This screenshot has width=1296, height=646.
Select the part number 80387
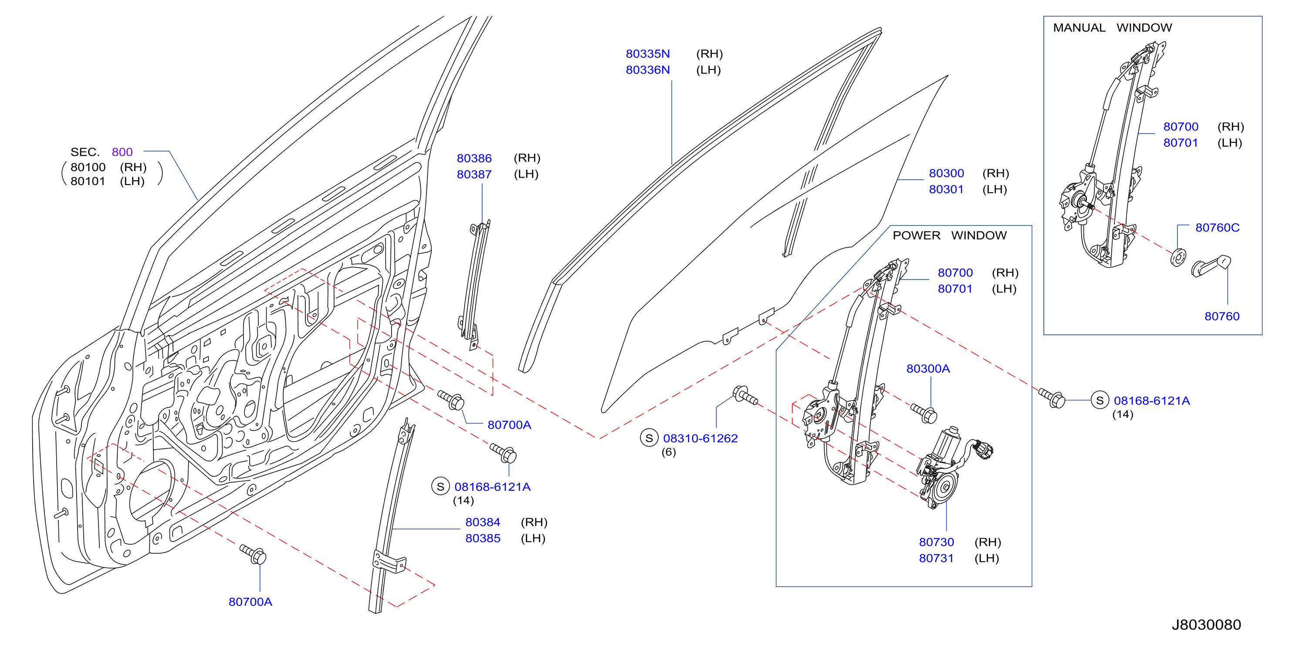pyautogui.click(x=474, y=175)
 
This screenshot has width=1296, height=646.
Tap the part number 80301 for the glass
pyautogui.click(x=946, y=189)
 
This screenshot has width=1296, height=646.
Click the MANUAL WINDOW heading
pyautogui.click(x=1112, y=28)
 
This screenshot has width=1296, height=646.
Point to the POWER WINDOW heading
pyautogui.click(x=949, y=235)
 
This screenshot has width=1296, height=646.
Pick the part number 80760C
pyautogui.click(x=1217, y=228)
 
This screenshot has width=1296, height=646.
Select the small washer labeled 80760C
pyautogui.click(x=1178, y=257)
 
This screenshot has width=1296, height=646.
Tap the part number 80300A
pyautogui.click(x=928, y=369)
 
